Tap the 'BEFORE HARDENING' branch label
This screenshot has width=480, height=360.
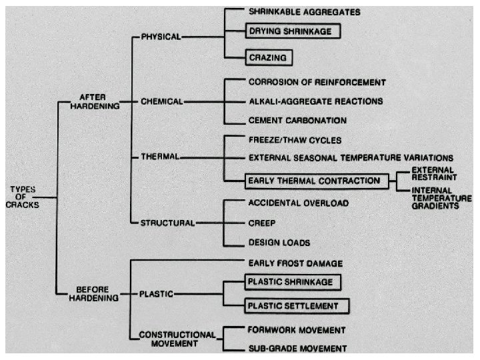click(94, 293)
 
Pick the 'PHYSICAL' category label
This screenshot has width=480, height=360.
click(161, 37)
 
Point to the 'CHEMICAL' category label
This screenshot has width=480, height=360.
click(161, 102)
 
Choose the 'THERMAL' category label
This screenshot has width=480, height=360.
click(159, 157)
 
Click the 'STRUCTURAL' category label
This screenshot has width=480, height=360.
click(167, 223)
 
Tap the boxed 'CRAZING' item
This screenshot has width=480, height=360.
click(269, 58)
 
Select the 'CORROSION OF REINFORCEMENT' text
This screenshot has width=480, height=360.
click(317, 82)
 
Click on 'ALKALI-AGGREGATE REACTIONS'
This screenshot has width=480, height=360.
click(315, 101)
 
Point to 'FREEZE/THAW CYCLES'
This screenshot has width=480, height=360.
click(294, 140)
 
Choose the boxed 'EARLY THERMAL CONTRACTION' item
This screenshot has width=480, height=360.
click(313, 181)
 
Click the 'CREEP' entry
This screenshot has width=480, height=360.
click(262, 223)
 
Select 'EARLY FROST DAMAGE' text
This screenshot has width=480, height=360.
click(295, 263)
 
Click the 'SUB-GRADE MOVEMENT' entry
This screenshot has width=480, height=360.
click(297, 348)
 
